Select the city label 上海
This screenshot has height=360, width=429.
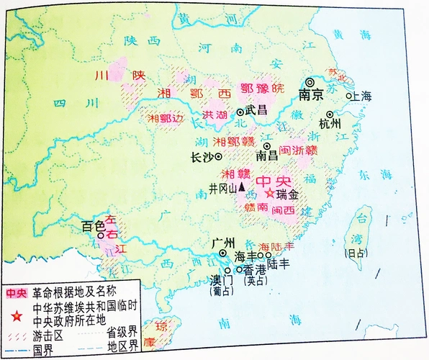pos(361,96)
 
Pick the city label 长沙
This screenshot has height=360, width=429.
pos(202,156)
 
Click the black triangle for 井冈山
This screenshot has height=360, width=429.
pos(242,187)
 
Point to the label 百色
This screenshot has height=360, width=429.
pos(94,226)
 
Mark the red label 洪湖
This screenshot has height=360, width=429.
pos(216,115)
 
